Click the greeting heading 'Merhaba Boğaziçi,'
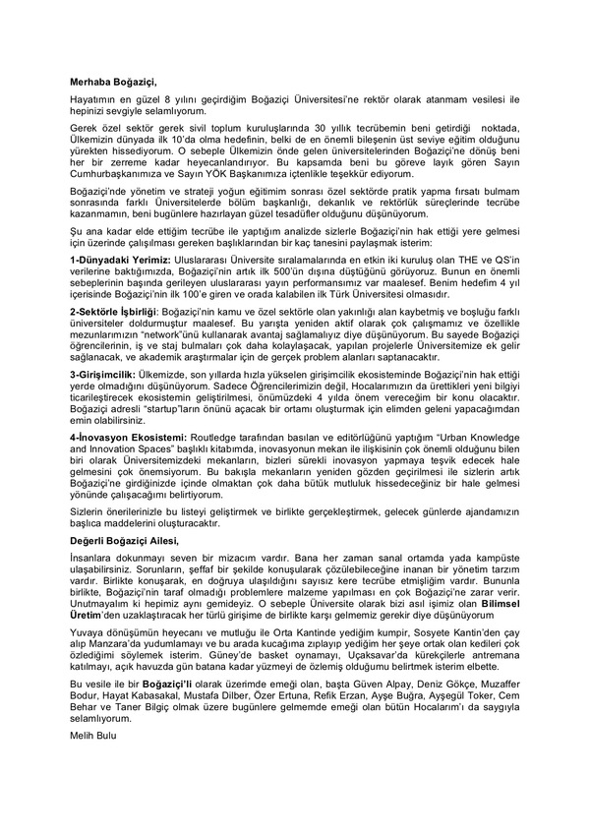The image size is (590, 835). (113, 83)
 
